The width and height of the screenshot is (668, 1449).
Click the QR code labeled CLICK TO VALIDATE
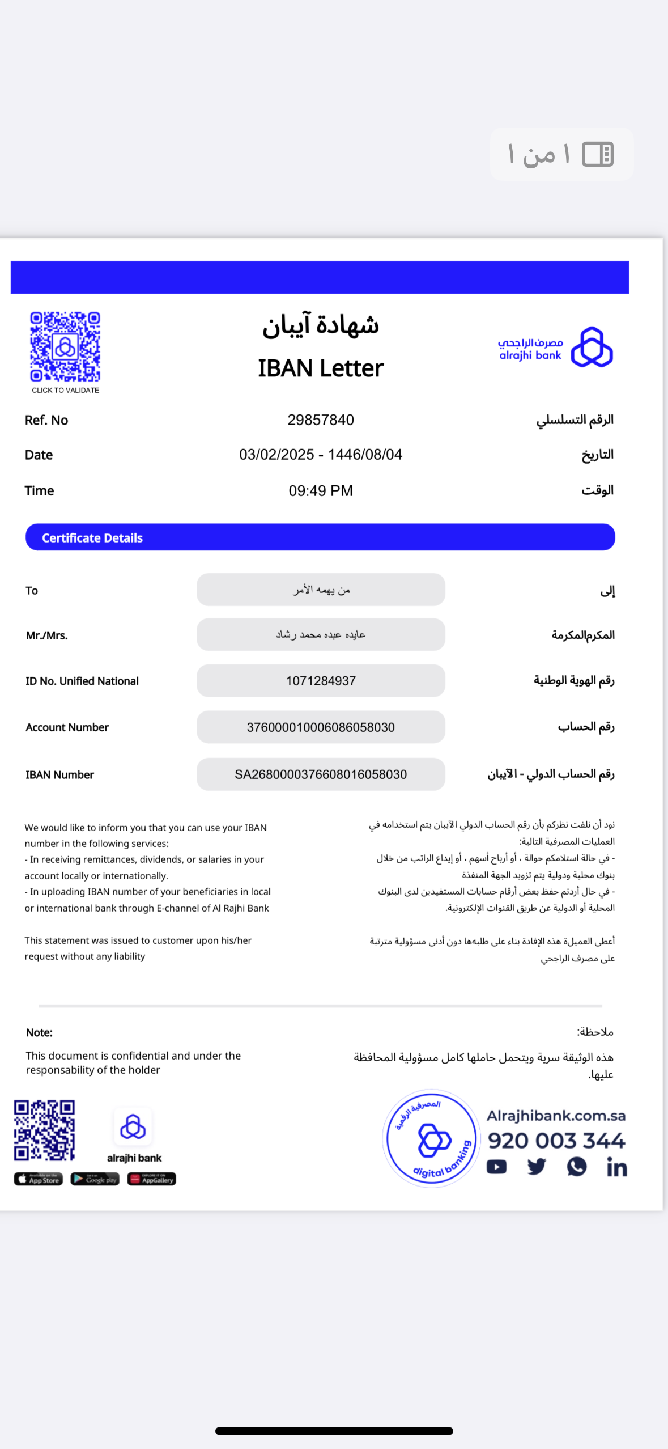[x=65, y=346]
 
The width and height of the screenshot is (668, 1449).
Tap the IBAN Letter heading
[x=321, y=368]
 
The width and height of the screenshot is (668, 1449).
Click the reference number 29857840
[x=321, y=420]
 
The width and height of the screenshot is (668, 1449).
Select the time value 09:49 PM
[x=321, y=491]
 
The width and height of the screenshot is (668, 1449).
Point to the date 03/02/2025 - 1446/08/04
[x=321, y=455]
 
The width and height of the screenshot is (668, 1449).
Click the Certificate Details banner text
[x=92, y=538]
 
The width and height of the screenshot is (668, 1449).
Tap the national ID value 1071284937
[x=321, y=681]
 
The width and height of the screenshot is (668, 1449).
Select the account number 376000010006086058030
[x=321, y=727]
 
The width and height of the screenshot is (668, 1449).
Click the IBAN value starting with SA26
[x=321, y=774]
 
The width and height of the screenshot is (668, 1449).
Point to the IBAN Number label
[x=59, y=775]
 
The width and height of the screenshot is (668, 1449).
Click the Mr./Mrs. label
[x=46, y=635]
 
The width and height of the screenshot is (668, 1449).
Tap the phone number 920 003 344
[x=556, y=1141]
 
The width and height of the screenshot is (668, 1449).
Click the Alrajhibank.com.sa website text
[x=556, y=1116]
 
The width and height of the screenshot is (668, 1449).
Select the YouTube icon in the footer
[x=496, y=1167]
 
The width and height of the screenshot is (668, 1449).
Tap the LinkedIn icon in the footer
[x=616, y=1167]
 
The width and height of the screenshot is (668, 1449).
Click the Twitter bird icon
[x=537, y=1167]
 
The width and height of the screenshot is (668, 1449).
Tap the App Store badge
[x=39, y=1179]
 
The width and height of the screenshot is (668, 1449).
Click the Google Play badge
[x=95, y=1179]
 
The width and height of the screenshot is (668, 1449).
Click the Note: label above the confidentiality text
[x=39, y=1032]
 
